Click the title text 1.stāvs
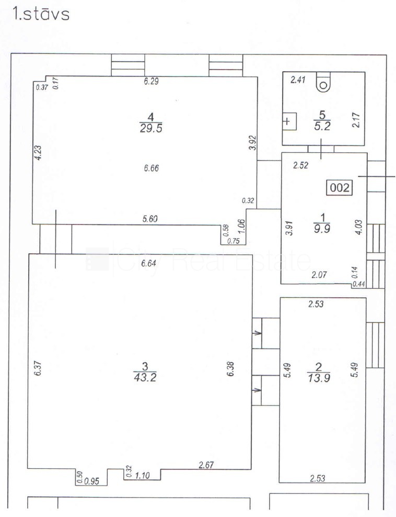[41, 14]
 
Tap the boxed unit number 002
[339, 188]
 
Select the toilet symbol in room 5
[323, 82]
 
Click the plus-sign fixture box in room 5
[289, 121]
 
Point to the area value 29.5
[151, 128]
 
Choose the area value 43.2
[145, 377]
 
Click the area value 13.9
[318, 378]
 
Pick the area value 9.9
[322, 229]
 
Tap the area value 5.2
[322, 126]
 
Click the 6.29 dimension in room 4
[152, 81]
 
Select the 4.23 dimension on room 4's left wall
[38, 153]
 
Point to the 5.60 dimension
[150, 219]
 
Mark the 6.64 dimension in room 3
[148, 263]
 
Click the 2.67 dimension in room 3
[206, 465]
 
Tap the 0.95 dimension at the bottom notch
[91, 481]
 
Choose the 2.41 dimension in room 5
[298, 80]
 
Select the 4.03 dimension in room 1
[359, 227]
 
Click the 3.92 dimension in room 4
[253, 143]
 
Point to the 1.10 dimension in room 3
[142, 476]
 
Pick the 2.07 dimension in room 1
[319, 275]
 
